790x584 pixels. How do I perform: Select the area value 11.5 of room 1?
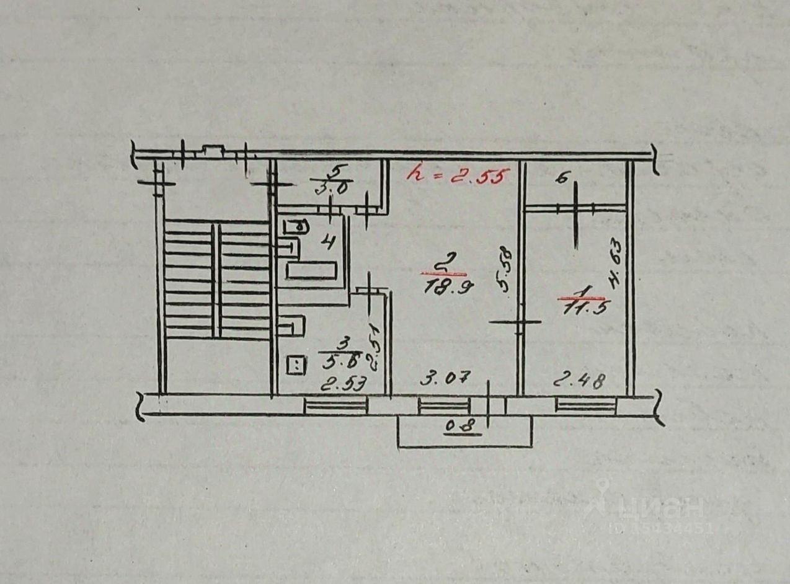click(582, 308)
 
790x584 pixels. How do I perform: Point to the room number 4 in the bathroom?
click(328, 241)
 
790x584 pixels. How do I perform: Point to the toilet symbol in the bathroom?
click(296, 226)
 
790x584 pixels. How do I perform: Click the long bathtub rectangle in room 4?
click(311, 270)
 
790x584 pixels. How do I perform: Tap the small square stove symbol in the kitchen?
click(296, 365)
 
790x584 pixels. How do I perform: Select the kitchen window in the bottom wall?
click(335, 406)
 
